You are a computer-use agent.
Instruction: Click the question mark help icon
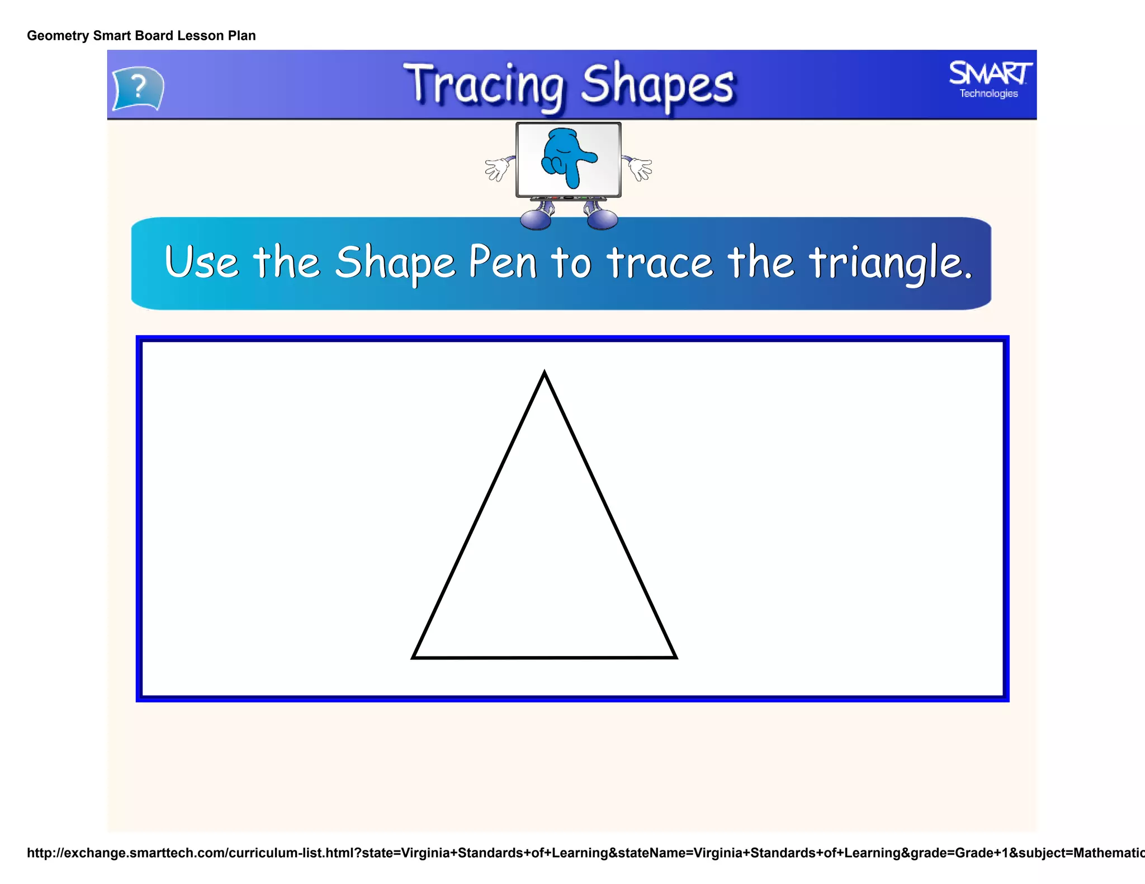138,88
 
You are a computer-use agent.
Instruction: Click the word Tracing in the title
484,85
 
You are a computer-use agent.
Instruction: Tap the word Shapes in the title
657,85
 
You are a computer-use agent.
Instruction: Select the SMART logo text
990,73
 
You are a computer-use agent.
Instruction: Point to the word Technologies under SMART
988,93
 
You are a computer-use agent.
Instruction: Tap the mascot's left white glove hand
497,168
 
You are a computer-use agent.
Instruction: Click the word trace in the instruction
660,263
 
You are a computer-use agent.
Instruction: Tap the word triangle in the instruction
889,263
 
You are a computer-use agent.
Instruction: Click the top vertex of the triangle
545,373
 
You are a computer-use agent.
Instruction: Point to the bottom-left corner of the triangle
414,657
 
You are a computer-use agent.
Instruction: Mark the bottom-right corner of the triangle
675,657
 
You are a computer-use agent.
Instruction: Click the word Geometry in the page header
58,36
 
